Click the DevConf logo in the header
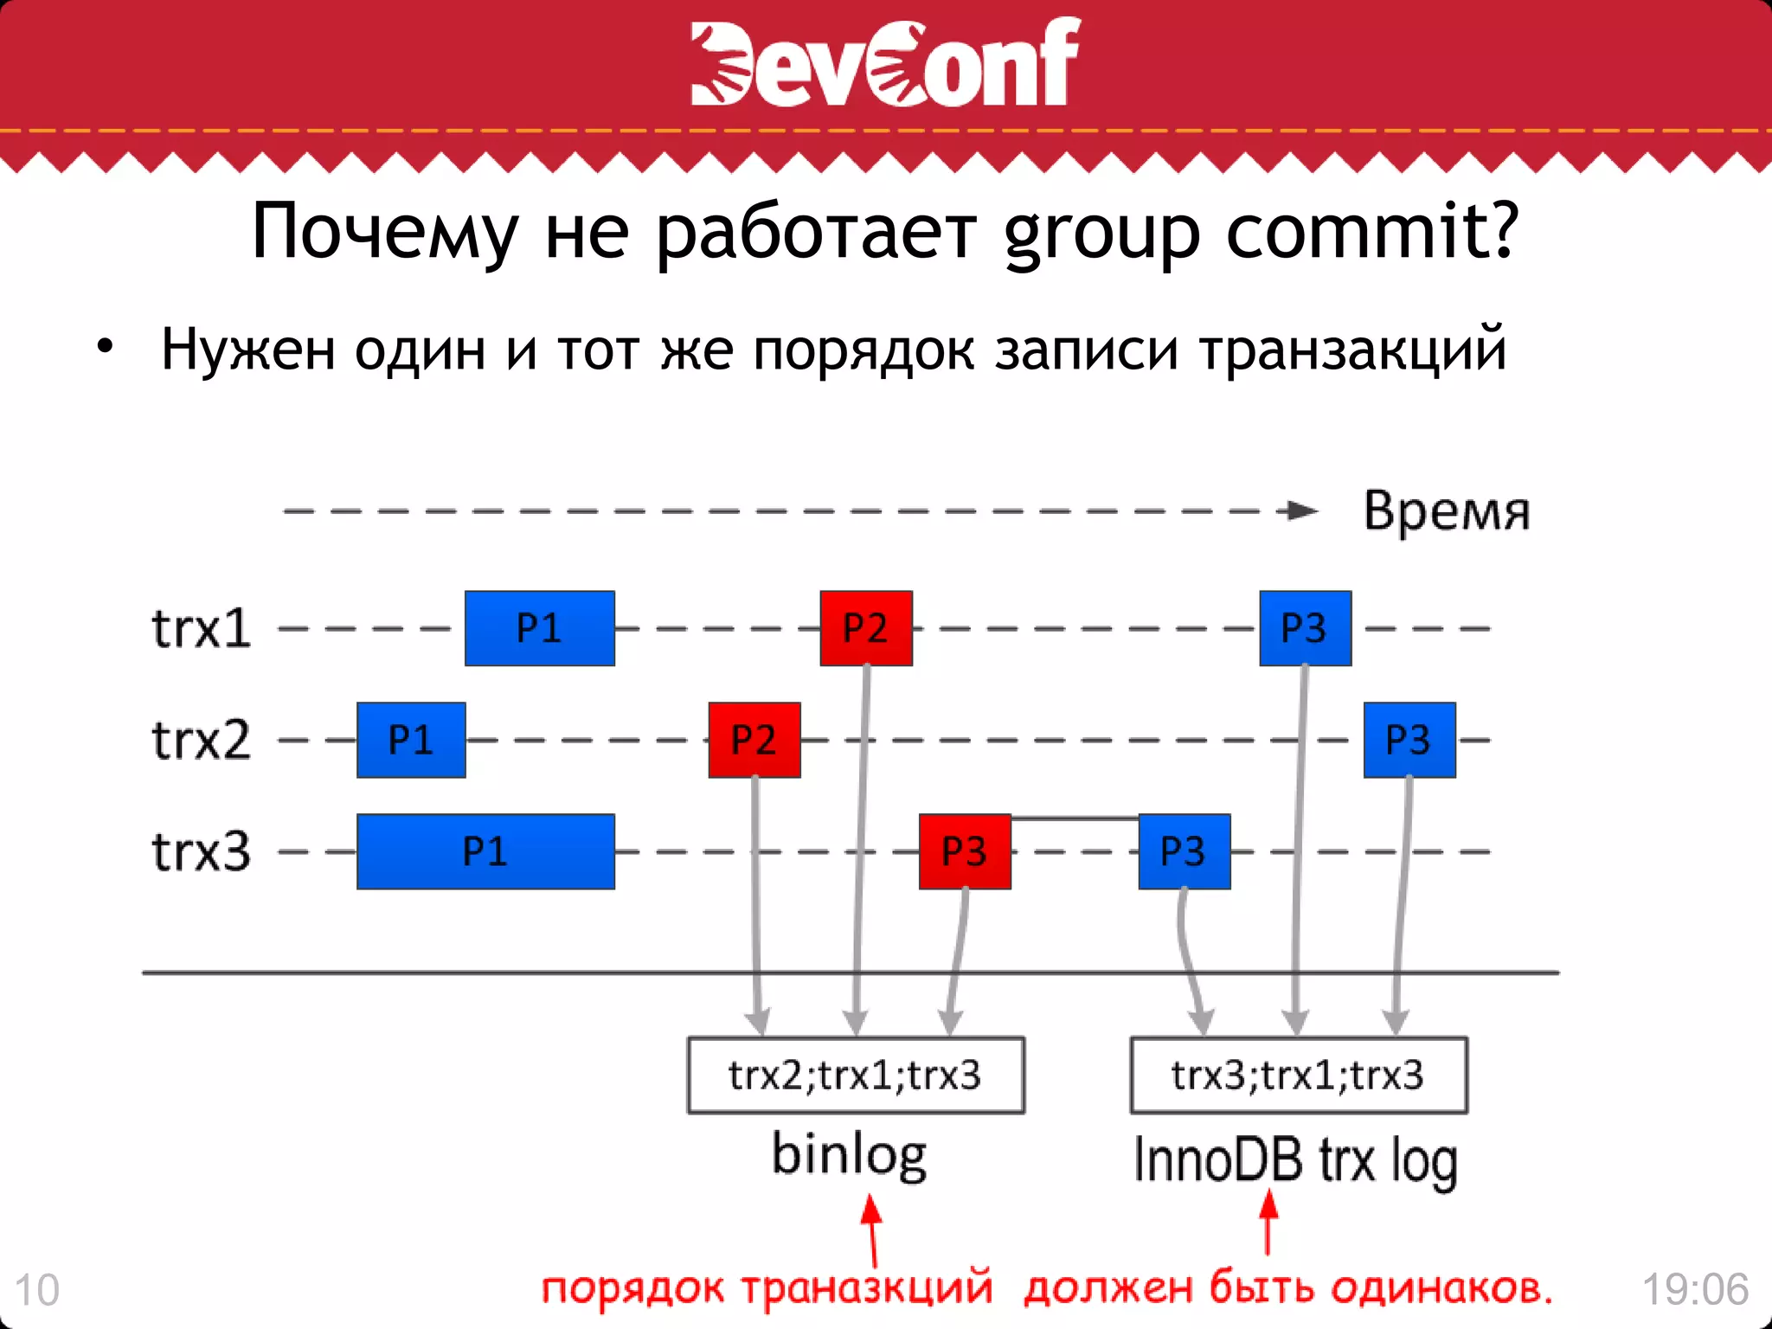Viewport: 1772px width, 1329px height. pyautogui.click(x=884, y=62)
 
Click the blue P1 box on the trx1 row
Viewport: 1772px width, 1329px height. pyautogui.click(x=539, y=628)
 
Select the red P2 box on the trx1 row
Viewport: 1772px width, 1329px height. pyautogui.click(x=866, y=628)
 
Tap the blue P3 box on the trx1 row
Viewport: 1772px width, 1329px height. pyautogui.click(x=1305, y=628)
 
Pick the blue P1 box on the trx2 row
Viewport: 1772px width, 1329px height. pyautogui.click(x=411, y=740)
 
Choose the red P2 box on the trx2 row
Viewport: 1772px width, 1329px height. pyautogui.click(x=754, y=740)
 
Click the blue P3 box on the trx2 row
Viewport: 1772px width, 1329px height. pyautogui.click(x=1409, y=740)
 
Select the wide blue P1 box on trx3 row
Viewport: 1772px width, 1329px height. pyautogui.click(x=485, y=851)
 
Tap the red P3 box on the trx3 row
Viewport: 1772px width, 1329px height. pyautogui.click(x=965, y=851)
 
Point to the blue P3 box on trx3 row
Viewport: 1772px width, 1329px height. pyautogui.click(x=1184, y=851)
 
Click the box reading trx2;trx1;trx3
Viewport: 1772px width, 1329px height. pyautogui.click(x=856, y=1075)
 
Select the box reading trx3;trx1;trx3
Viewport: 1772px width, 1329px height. pyautogui.click(x=1299, y=1075)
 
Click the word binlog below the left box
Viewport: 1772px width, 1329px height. pyautogui.click(x=849, y=1155)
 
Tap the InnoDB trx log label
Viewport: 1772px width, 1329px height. pyautogui.click(x=1295, y=1160)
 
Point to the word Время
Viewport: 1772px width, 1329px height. pyautogui.click(x=1447, y=510)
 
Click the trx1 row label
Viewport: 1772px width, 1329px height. pyautogui.click(x=201, y=628)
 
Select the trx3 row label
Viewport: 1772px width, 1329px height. pyautogui.click(x=201, y=851)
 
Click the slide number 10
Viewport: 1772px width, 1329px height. pyautogui.click(x=37, y=1290)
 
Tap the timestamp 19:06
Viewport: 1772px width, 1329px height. pyautogui.click(x=1695, y=1289)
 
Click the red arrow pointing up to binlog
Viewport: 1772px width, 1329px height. pyautogui.click(x=872, y=1231)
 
